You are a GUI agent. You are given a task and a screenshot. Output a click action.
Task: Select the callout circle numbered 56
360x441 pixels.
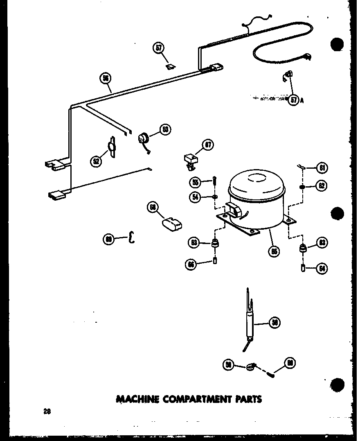pos(106,78)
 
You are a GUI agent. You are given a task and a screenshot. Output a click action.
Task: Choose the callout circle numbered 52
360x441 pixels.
pos(96,161)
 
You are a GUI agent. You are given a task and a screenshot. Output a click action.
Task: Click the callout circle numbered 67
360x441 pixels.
pos(208,145)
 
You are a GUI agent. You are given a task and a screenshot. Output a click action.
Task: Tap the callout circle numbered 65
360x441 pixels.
pos(274,251)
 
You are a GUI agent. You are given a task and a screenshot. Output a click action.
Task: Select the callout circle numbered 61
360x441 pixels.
pos(322,167)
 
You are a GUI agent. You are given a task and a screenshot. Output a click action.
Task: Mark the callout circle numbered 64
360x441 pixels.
pos(322,269)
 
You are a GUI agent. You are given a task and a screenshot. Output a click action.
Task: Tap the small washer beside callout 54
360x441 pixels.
pos(214,197)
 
